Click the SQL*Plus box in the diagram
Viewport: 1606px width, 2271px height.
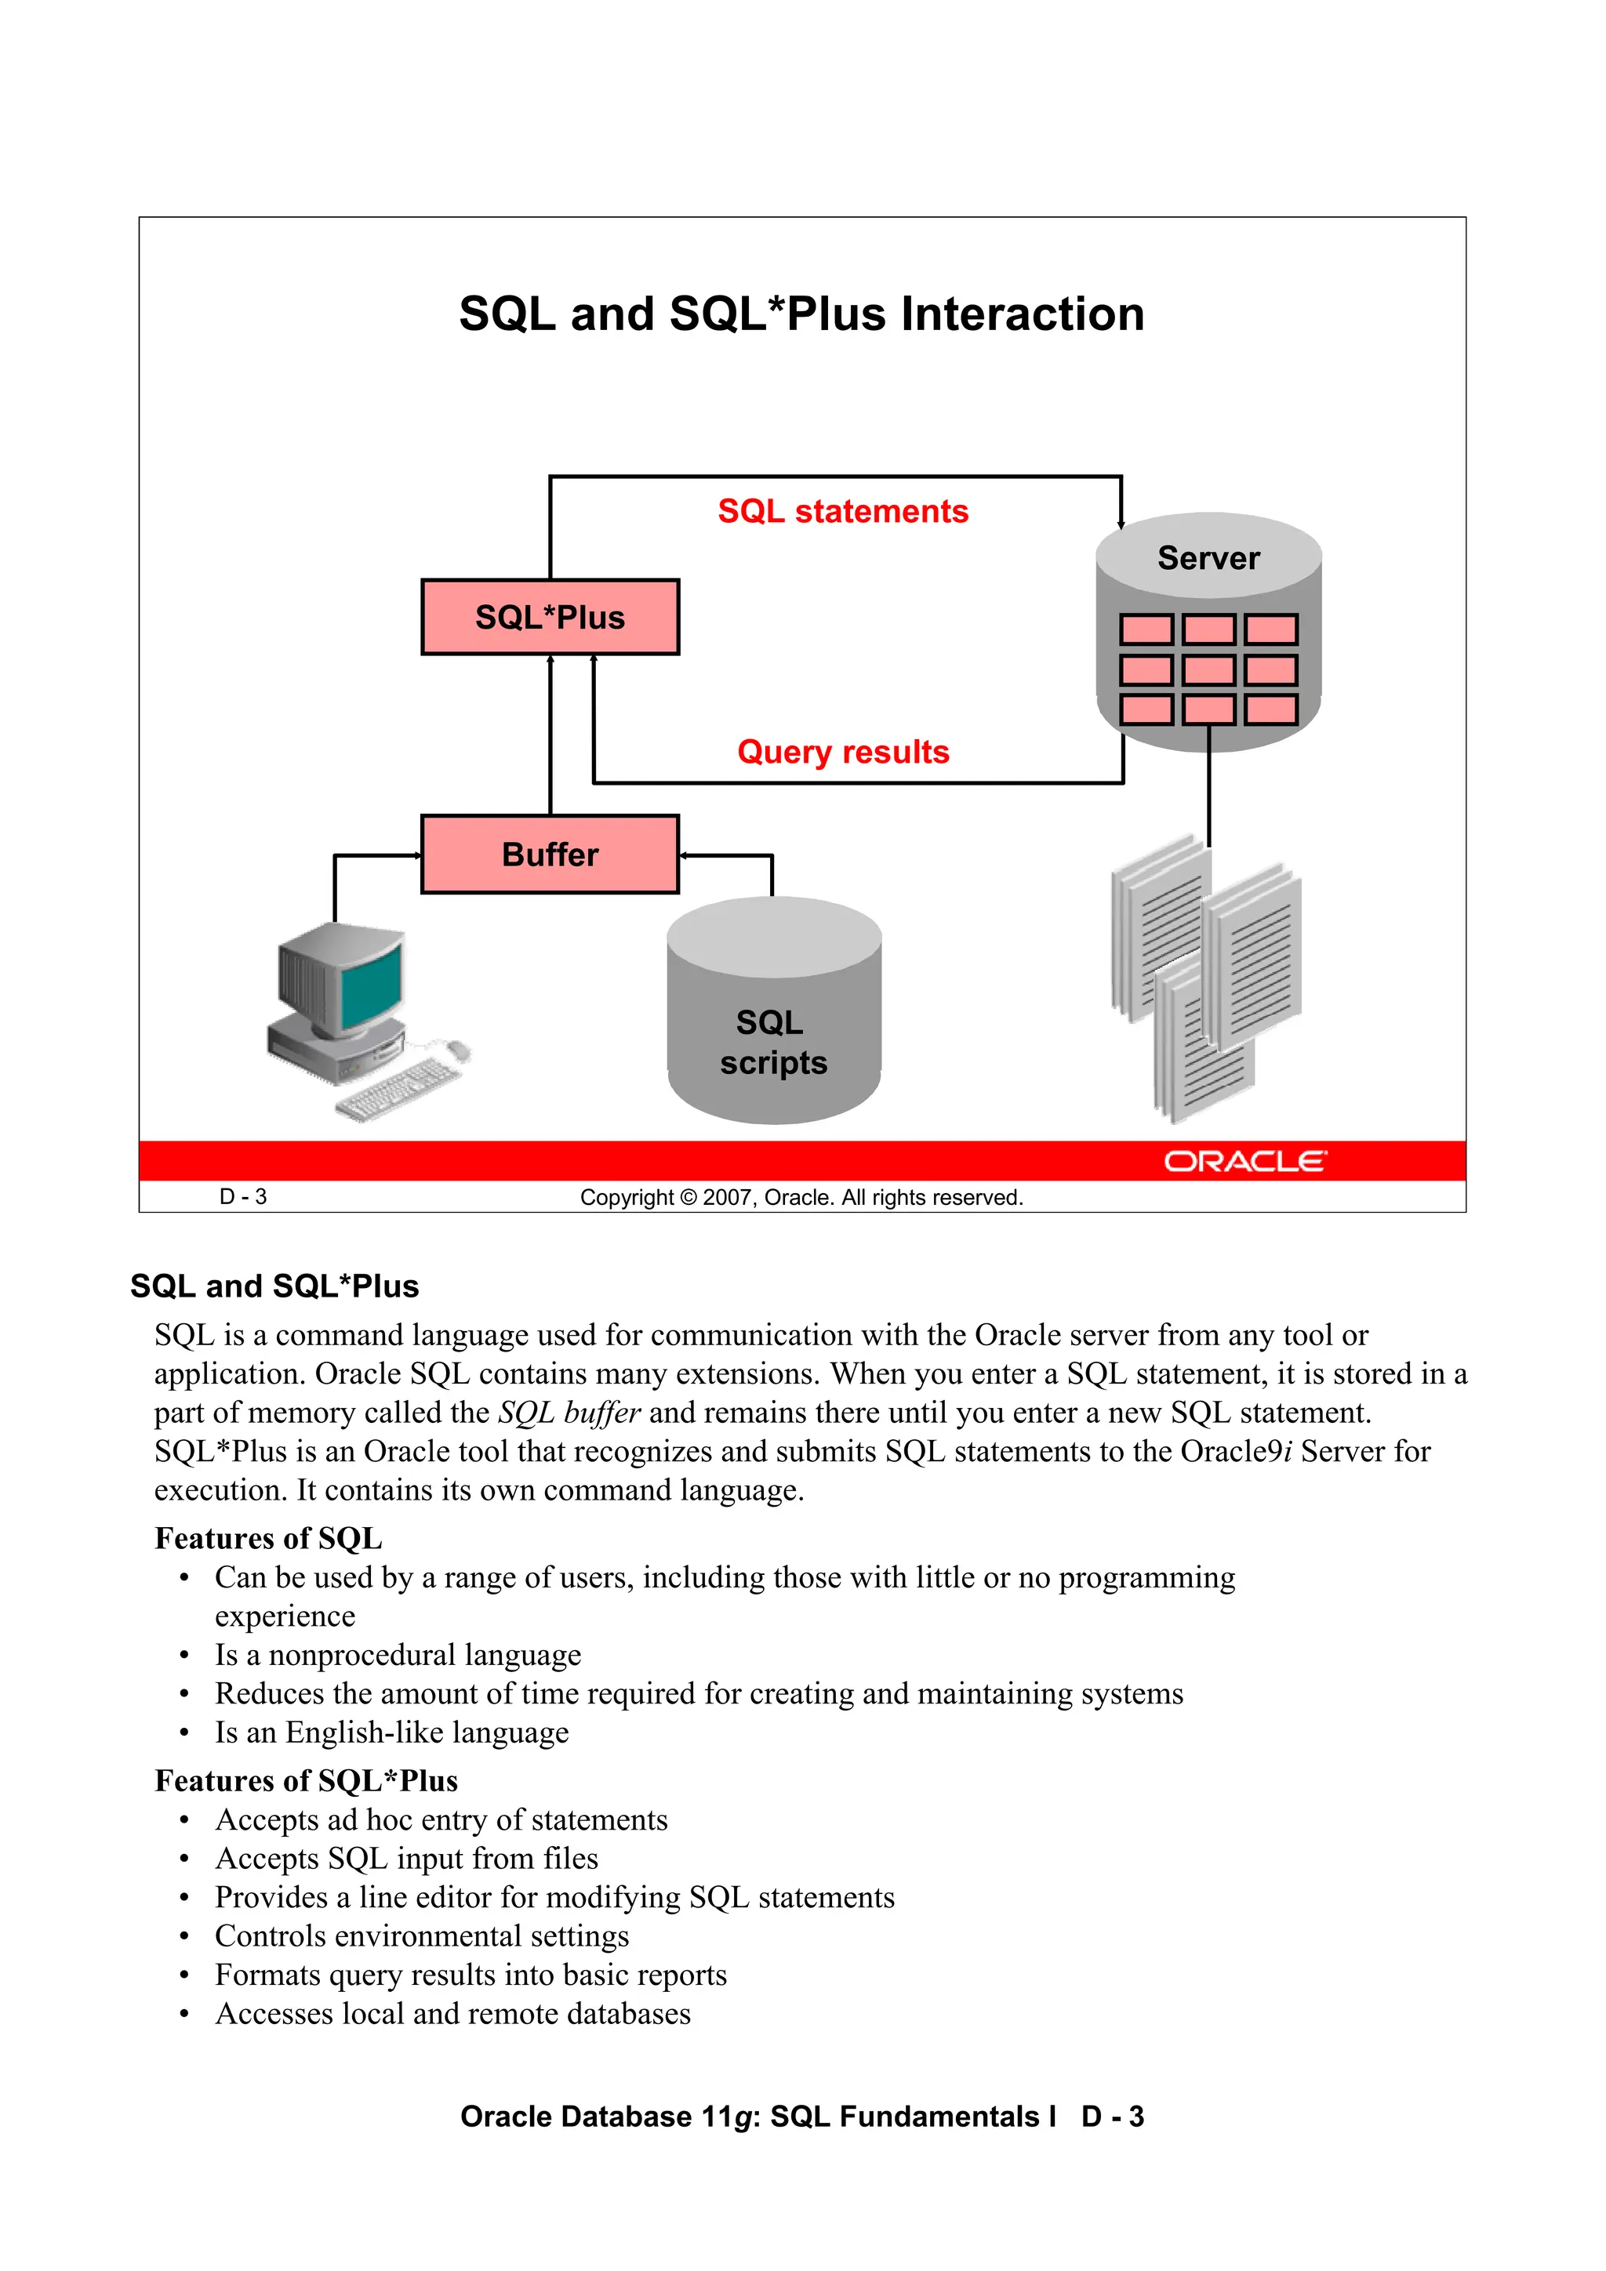click(x=550, y=617)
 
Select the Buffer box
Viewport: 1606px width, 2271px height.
click(x=550, y=854)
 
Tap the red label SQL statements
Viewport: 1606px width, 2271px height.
click(x=842, y=511)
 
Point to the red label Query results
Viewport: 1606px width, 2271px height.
click(x=842, y=752)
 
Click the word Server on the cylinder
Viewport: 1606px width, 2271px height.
click(x=1208, y=558)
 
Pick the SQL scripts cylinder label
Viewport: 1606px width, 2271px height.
click(x=773, y=1043)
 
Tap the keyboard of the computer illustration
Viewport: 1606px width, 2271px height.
click(x=398, y=1088)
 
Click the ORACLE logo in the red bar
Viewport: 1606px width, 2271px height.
click(x=1244, y=1161)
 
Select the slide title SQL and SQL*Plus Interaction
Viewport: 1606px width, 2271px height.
click(x=801, y=314)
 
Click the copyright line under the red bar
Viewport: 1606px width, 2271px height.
click(x=801, y=1198)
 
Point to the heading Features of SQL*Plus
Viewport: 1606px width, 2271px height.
click(x=306, y=1781)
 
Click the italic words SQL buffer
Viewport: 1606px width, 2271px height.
click(x=569, y=1413)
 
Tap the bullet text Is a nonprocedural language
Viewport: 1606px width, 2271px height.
click(x=398, y=1655)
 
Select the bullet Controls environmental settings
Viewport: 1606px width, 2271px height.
click(x=422, y=1935)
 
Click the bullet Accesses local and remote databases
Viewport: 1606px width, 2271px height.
click(x=452, y=2014)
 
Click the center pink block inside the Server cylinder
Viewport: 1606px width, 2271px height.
click(x=1208, y=669)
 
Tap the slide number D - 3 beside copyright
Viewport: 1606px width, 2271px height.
click(x=243, y=1197)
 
